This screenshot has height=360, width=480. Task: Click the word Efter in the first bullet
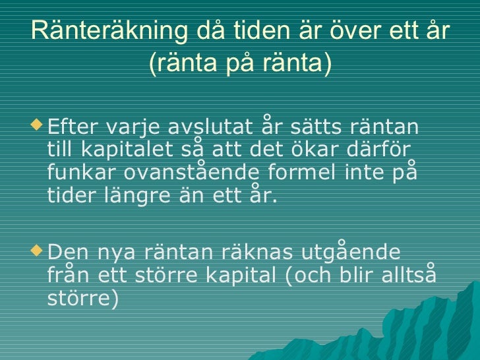point(71,125)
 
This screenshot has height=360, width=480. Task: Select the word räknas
point(237,254)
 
